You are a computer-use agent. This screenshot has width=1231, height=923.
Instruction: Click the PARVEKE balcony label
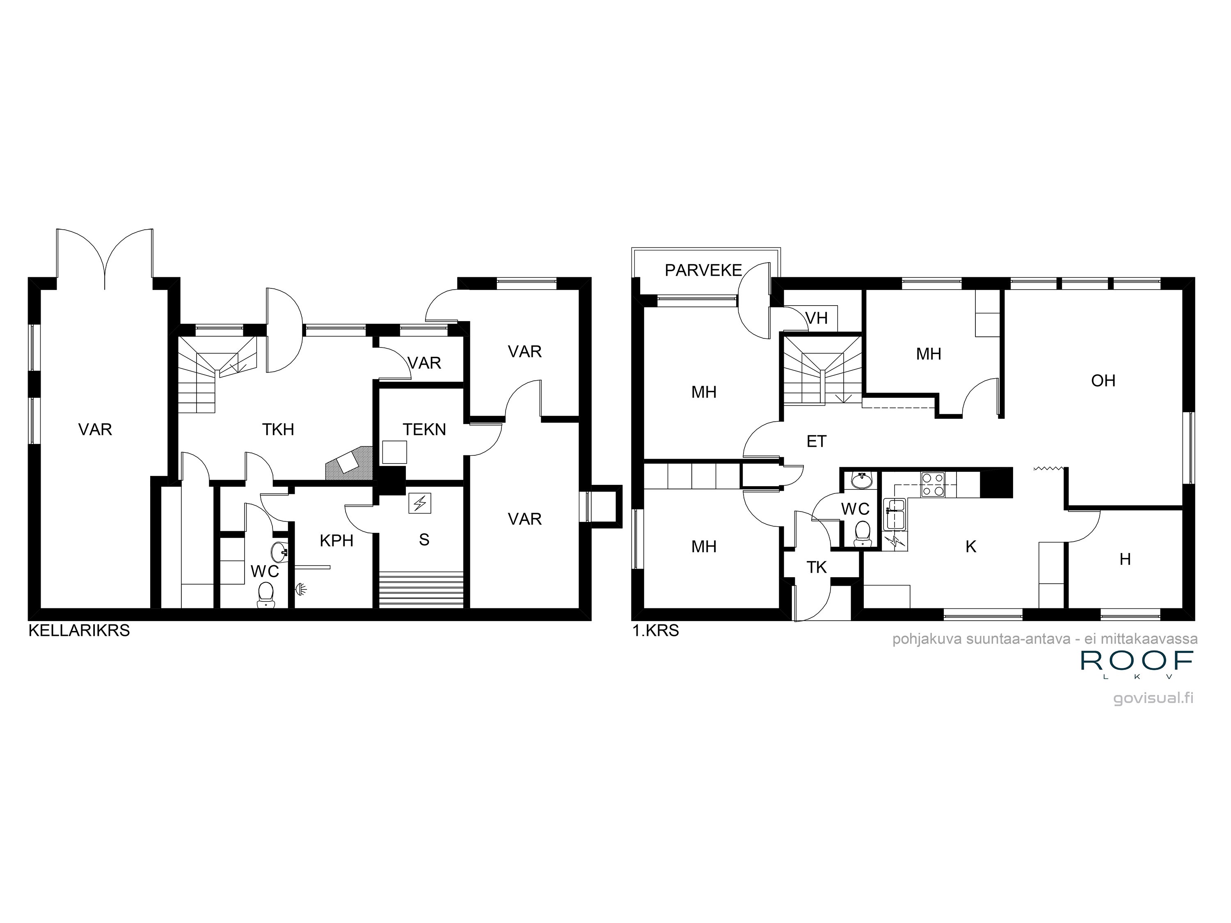(703, 270)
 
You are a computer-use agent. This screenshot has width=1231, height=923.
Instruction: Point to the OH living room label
(1103, 381)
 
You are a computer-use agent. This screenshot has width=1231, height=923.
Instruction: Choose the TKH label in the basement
(278, 430)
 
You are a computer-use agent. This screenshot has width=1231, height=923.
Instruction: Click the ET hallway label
(817, 442)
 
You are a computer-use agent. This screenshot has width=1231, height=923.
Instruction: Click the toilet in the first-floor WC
(862, 531)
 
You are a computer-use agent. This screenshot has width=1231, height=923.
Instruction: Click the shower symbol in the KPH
(301, 587)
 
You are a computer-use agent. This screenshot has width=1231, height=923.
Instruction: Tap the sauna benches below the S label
(421, 590)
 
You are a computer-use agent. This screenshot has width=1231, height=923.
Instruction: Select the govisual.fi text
(1153, 699)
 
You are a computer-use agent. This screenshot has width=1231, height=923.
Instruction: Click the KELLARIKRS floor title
(79, 631)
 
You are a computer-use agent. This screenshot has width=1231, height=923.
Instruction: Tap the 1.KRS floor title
(656, 631)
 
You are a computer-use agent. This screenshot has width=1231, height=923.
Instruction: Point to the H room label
(1125, 559)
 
